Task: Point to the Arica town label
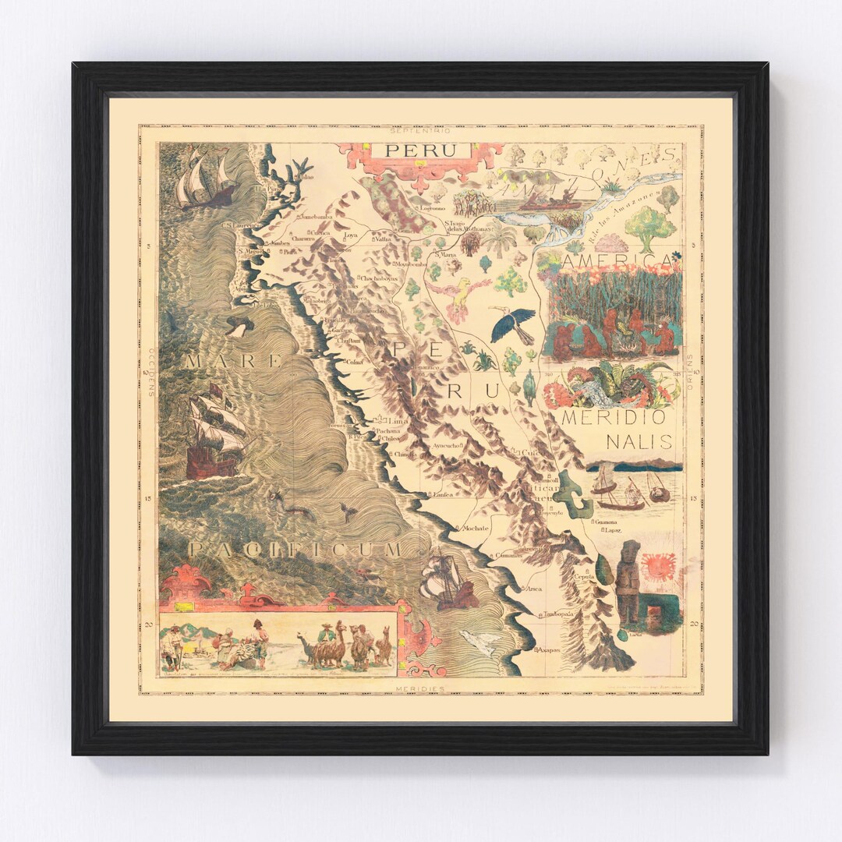(x=534, y=589)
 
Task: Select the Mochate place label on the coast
(x=475, y=528)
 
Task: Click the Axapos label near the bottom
(x=547, y=649)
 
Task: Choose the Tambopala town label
(x=558, y=614)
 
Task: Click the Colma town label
(x=355, y=362)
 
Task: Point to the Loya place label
(x=351, y=235)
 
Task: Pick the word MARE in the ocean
(x=233, y=361)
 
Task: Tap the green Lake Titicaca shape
(x=575, y=497)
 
